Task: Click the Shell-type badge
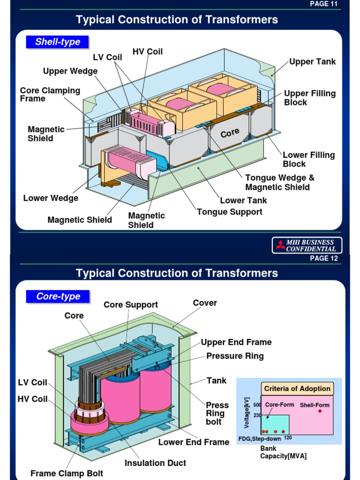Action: [x=57, y=42]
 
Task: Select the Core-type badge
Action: [x=58, y=296]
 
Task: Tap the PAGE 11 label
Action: [x=323, y=4]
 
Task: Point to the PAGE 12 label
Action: [x=323, y=258]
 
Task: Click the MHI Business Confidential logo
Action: [x=307, y=245]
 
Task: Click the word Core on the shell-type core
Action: [x=230, y=133]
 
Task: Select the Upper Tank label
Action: [x=312, y=61]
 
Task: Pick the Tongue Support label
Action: [x=229, y=211]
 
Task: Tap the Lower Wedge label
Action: [x=51, y=198]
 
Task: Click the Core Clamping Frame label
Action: [x=50, y=94]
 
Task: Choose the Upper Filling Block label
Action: [x=309, y=97]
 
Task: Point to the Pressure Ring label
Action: [x=235, y=356]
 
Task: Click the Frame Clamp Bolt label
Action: [x=67, y=473]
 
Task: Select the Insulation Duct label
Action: [x=155, y=463]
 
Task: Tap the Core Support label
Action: [x=131, y=305]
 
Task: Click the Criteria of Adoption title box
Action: [x=297, y=388]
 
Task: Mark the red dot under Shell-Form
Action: [x=320, y=411]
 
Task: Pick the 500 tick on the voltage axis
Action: [x=257, y=405]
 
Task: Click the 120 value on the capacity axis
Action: [x=288, y=438]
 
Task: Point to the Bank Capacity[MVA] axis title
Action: [x=283, y=452]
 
